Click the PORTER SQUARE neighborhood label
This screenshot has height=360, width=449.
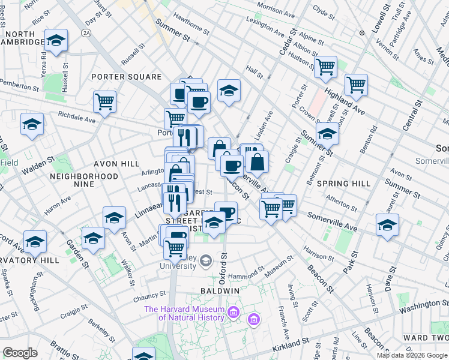tap(127, 77)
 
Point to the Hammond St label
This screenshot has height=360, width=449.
tap(245, 272)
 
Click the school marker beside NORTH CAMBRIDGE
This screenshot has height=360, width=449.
tap(56, 40)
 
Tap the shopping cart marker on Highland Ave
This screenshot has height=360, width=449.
tap(356, 85)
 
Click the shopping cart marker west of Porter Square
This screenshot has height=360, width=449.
tap(104, 101)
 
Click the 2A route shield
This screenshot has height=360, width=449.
tap(87, 33)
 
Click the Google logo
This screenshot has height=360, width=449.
tap(20, 353)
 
